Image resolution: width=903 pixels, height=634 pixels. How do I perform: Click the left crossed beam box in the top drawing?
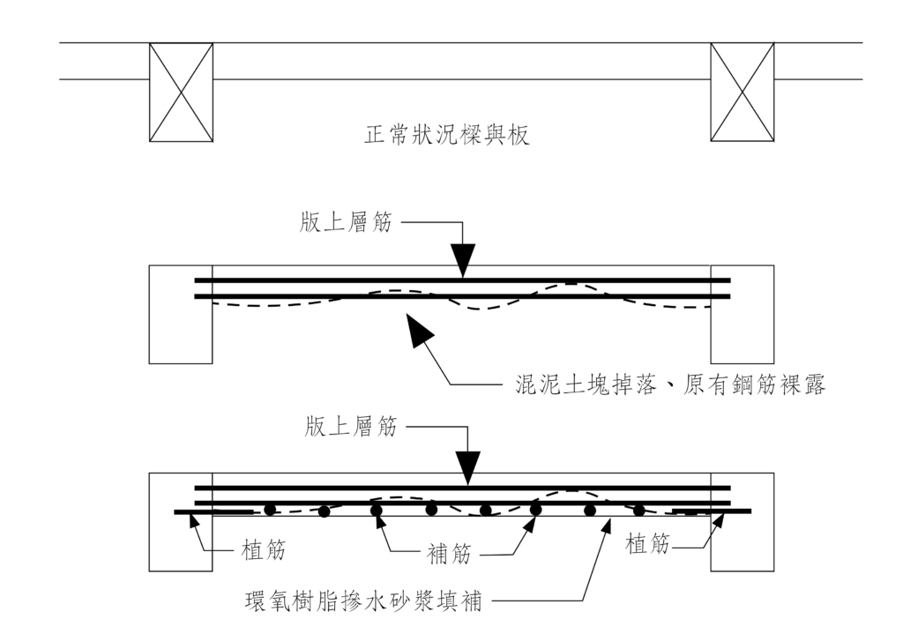pyautogui.click(x=180, y=91)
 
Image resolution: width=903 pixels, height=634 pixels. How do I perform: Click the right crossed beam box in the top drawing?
pyautogui.click(x=743, y=91)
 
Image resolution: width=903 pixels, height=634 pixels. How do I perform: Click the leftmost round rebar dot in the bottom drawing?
pyautogui.click(x=270, y=510)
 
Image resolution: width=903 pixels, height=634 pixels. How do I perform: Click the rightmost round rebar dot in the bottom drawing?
pyautogui.click(x=638, y=510)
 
